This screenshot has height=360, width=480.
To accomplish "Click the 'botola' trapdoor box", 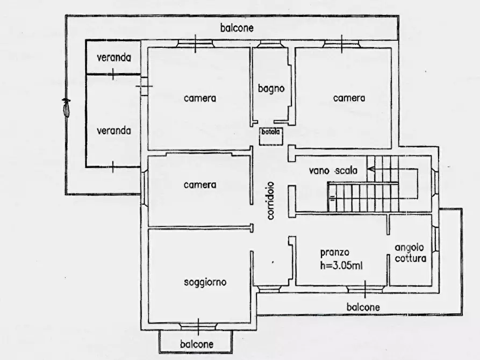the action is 271,136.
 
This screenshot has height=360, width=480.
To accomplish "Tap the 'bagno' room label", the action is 271,89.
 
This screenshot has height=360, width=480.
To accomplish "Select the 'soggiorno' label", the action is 205,282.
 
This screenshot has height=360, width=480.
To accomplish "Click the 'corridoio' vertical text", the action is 270,201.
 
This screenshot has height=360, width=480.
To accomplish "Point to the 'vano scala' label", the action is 333,170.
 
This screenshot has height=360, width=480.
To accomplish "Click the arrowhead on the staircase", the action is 370,169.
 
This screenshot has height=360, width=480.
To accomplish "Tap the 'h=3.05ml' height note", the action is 341,265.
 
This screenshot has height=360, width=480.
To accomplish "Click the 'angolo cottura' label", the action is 410,253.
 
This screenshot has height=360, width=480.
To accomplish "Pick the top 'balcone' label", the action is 237,28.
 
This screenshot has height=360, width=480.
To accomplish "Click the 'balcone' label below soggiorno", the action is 197,344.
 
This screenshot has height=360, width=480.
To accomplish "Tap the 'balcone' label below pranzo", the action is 363,307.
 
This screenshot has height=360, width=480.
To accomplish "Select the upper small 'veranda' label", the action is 114,57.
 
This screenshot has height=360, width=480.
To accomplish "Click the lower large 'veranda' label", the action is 114,131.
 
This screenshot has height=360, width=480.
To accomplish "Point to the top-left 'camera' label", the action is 200,98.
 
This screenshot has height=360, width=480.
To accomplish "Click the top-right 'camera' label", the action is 349,98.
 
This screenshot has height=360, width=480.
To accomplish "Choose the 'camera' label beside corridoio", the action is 200,185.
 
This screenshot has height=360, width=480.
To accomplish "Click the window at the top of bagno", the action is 268,44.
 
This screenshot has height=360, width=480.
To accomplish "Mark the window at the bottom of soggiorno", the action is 198,327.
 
